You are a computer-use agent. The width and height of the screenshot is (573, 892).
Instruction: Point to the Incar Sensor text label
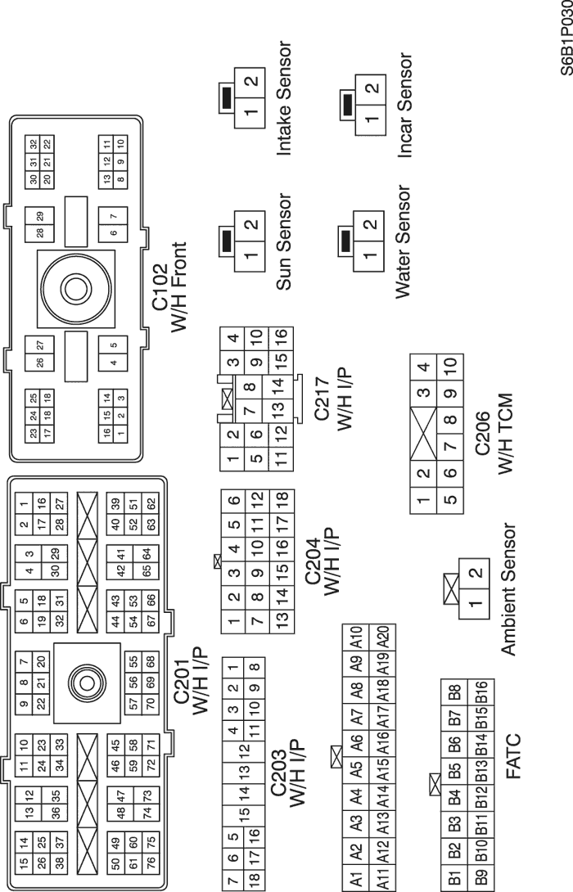coord(404,106)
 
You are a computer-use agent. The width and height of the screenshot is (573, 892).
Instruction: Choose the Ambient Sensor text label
coord(508,590)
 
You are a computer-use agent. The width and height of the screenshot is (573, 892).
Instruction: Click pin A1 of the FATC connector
coord(355,879)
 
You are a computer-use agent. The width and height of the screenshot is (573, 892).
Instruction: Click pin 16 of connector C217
coord(281,335)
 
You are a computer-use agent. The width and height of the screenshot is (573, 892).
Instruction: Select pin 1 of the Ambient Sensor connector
coord(474,607)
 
